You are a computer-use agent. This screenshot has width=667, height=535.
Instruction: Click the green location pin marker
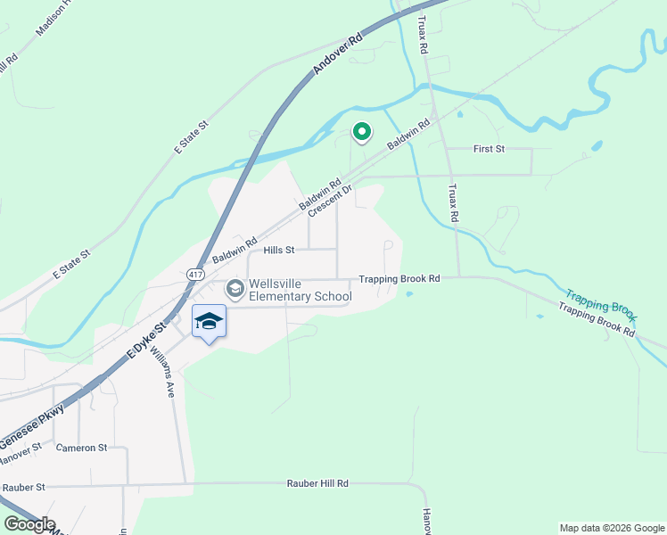pyautogui.click(x=361, y=133)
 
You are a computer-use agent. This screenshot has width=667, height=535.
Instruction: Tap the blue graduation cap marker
pyautogui.click(x=209, y=322)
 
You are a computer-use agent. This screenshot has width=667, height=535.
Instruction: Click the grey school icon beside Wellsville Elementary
pyautogui.click(x=235, y=288)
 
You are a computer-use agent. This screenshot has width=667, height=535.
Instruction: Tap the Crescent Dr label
pyautogui.click(x=331, y=200)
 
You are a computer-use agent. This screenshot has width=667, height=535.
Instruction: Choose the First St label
pyautogui.click(x=489, y=148)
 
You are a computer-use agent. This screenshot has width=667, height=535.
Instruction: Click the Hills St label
pyautogui.click(x=278, y=251)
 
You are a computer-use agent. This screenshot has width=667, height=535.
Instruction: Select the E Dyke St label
pyautogui.click(x=146, y=341)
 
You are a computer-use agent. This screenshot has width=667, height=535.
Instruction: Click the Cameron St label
pyautogui.click(x=80, y=447)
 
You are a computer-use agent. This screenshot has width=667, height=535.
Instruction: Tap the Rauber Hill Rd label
pyautogui.click(x=317, y=483)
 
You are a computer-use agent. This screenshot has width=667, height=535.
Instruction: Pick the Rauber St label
pyautogui.click(x=23, y=488)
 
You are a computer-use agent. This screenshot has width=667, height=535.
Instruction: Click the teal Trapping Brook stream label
pyautogui.click(x=601, y=304)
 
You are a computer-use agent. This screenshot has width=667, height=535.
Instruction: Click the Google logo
pyautogui.click(x=29, y=524)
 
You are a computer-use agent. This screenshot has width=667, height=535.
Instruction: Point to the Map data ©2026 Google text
pyautogui.click(x=611, y=528)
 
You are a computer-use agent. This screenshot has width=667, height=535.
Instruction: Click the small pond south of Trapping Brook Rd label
pyautogui.click(x=409, y=293)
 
